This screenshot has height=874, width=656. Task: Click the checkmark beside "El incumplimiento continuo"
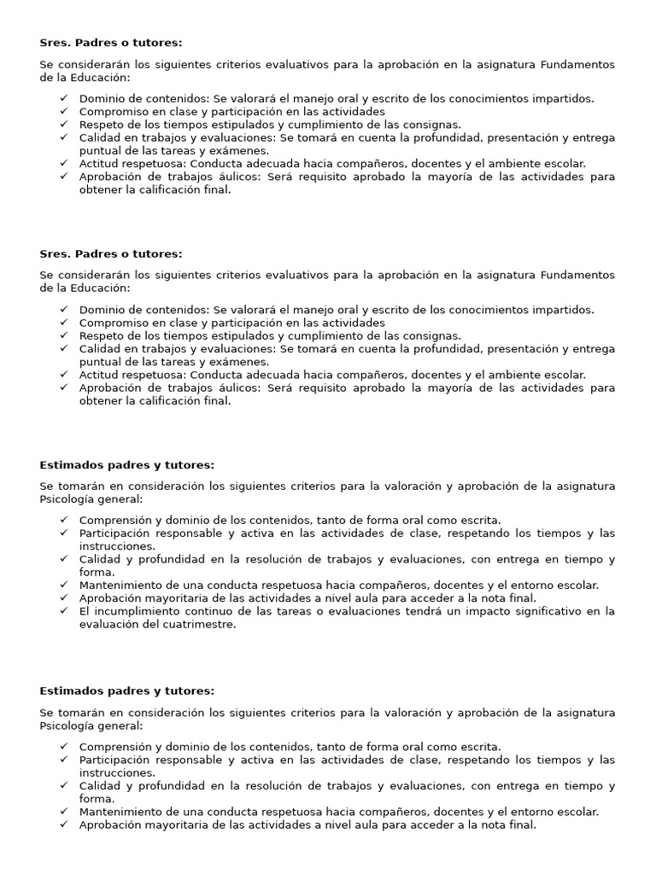tap(65, 611)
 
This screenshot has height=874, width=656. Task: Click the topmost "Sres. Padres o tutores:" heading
tap(111, 43)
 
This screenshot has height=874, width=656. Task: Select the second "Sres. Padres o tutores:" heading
tap(111, 253)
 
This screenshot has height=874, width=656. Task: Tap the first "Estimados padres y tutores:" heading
tap(126, 465)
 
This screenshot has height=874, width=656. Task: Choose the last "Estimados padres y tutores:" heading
tap(126, 691)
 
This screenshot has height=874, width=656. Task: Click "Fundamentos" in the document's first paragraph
tap(577, 64)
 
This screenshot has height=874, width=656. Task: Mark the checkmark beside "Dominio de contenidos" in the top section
tap(65, 98)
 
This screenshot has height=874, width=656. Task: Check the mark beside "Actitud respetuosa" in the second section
tap(65, 375)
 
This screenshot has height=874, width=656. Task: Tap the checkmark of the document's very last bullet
tap(65, 824)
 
